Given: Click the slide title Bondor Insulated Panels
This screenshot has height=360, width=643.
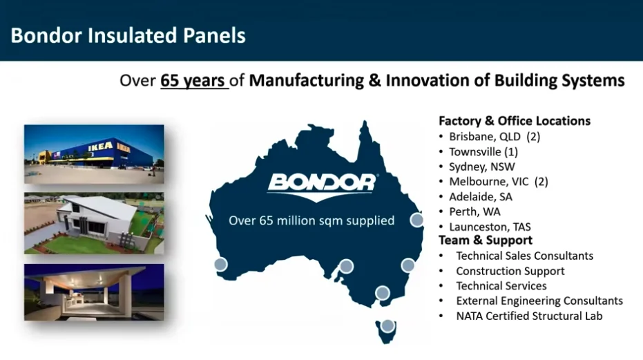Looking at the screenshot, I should point(128,35).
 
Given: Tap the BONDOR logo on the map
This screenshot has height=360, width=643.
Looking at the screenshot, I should point(322,182).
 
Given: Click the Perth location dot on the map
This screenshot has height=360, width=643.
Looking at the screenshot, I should point(220,264).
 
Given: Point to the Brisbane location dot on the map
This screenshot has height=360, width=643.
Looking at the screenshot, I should point(416,220).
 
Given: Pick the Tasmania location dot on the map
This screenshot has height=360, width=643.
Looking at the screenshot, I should point(388,325).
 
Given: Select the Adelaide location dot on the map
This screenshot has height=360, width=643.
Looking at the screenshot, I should point(347,266).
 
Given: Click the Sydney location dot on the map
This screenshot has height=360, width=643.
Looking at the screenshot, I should point(408,265).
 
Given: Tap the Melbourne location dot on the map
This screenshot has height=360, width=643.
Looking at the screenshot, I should point(382,293).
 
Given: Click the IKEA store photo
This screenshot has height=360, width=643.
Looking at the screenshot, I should point(94,154).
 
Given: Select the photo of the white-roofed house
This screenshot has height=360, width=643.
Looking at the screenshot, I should point(94,223).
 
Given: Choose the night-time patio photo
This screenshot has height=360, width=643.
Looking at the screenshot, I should point(94,291).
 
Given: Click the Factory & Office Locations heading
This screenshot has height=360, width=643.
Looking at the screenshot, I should point(515,121).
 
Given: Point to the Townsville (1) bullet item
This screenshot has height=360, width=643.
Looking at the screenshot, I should point(483,151).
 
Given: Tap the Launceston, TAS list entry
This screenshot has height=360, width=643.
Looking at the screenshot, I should point(490,227).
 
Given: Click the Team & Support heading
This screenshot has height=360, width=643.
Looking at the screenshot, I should point(486,240).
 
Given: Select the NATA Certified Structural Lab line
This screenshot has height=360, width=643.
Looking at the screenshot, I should point(529,316).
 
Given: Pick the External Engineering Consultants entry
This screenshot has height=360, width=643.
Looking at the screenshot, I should point(539,301).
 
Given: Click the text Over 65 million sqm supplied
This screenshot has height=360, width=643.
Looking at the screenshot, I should point(311,221).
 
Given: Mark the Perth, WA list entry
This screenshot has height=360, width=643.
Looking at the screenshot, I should point(474,211).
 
